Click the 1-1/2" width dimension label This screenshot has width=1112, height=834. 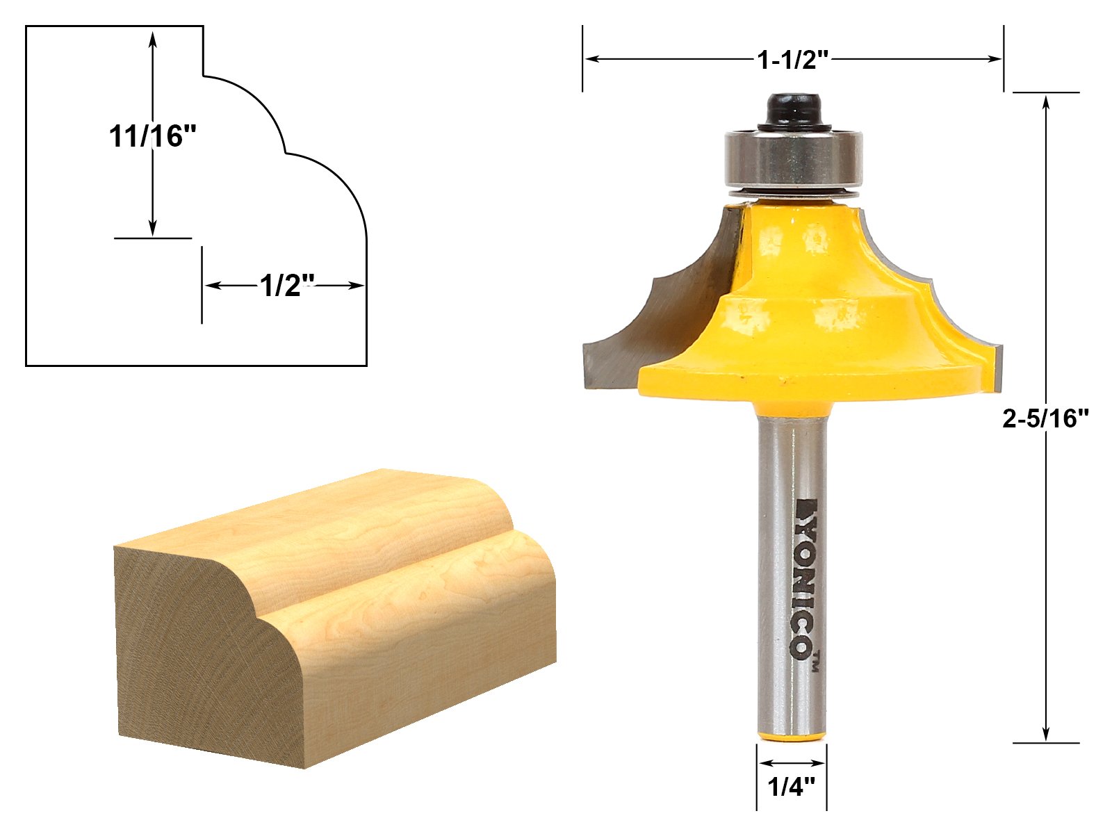[x=792, y=60]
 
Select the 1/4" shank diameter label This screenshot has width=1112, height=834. [x=792, y=787]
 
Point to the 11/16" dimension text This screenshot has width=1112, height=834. [x=152, y=137]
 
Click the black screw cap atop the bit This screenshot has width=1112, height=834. [x=794, y=113]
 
